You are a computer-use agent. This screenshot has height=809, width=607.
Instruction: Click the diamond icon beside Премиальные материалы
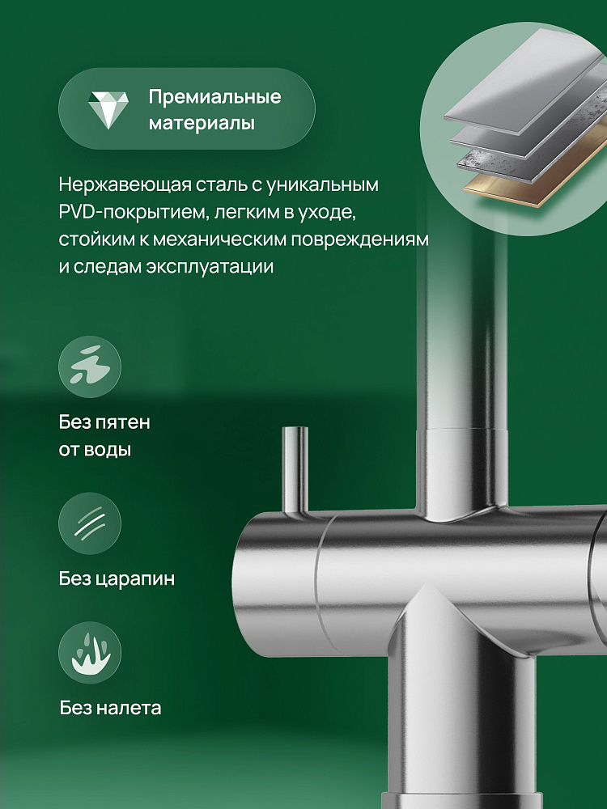[x=108, y=110]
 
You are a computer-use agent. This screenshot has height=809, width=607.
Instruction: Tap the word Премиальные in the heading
[x=214, y=96]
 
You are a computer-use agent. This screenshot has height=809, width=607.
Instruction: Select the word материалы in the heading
[x=202, y=124]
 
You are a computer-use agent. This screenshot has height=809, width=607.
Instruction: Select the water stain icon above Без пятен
[x=90, y=366]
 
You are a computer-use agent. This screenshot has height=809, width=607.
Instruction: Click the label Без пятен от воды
[x=104, y=436]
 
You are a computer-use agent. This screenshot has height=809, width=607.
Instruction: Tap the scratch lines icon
[x=90, y=523]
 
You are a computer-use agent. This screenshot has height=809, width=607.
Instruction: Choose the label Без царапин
[x=117, y=579]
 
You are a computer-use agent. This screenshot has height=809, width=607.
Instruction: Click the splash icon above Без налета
[x=90, y=653]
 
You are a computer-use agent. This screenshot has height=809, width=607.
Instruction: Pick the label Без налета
[x=110, y=707]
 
